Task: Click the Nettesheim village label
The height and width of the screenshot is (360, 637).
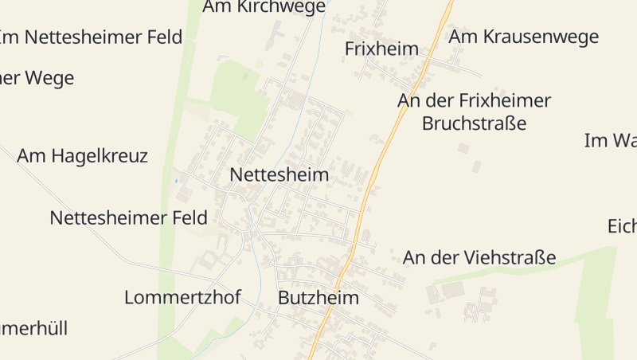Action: [279, 174]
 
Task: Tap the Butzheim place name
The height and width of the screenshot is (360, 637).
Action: [318, 298]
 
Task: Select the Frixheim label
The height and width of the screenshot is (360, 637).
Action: [381, 49]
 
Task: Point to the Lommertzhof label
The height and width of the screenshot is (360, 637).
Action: [182, 297]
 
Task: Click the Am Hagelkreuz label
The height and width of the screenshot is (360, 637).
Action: [82, 155]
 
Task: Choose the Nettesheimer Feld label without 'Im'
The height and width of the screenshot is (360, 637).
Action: [128, 217]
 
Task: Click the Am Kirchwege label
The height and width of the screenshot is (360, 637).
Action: [264, 7]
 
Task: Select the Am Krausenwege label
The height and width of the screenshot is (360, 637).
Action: [523, 36]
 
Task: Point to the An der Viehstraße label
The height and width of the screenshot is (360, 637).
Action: [479, 257]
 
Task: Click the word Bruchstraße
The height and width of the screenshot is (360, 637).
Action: [474, 123]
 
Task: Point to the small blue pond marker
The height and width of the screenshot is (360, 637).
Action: [176, 181]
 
